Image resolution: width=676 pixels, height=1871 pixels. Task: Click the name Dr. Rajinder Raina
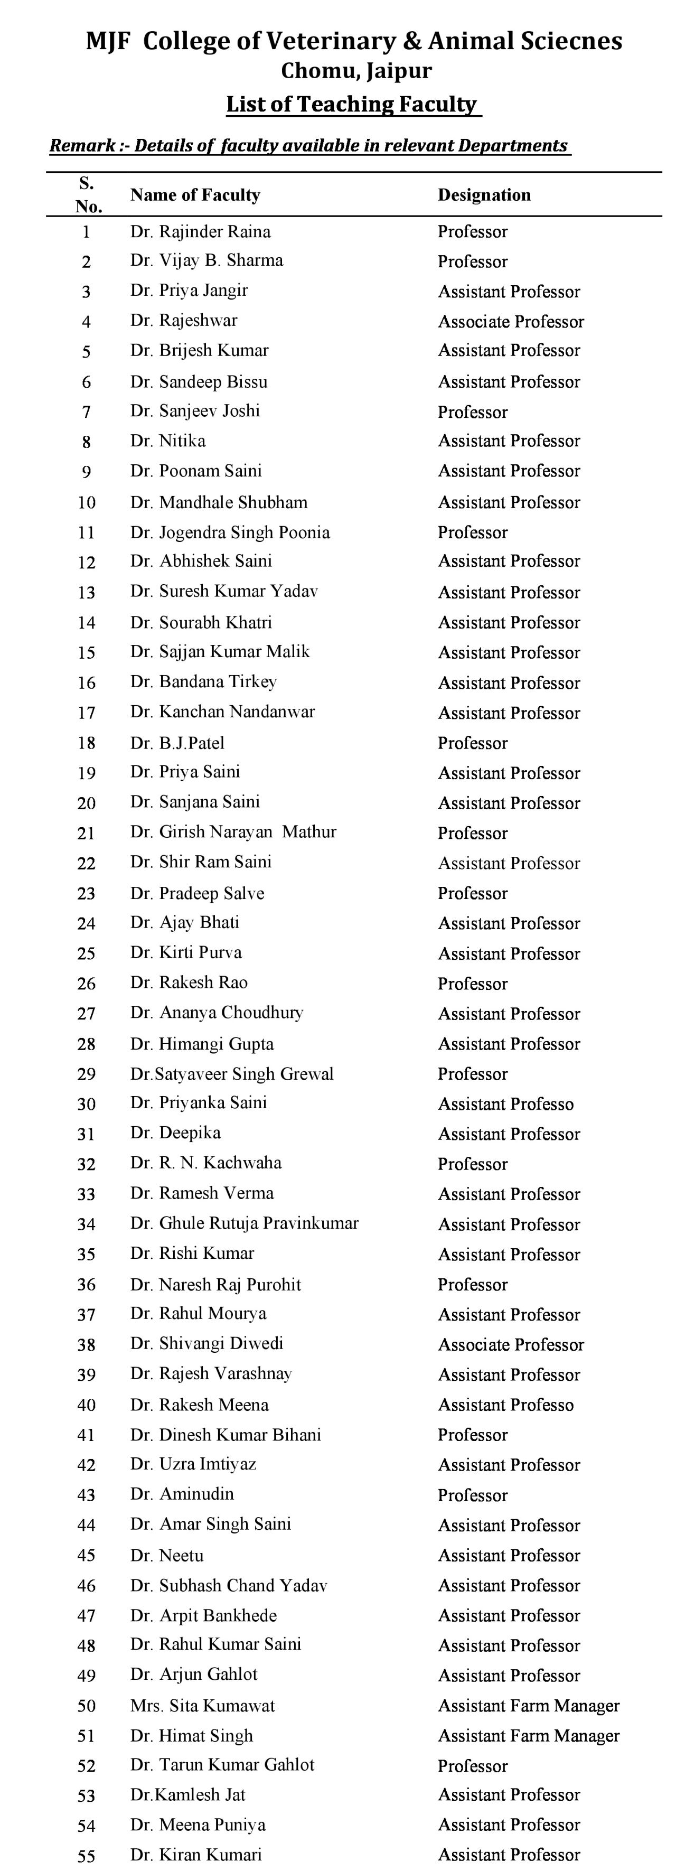[x=200, y=232]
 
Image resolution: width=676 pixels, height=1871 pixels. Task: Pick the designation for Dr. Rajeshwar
[x=511, y=322]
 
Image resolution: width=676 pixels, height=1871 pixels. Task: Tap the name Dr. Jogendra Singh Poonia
[x=230, y=532]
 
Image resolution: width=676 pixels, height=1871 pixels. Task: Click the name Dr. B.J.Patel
[x=177, y=743]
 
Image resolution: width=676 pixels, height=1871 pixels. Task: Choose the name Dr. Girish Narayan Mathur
[x=233, y=832]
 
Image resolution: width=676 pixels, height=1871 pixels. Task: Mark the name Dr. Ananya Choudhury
[x=217, y=1013]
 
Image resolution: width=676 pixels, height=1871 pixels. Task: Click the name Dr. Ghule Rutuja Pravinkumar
[x=244, y=1223]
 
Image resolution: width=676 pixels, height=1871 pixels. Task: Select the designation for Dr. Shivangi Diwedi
[x=511, y=1344]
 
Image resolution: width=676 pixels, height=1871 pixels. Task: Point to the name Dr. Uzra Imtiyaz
[x=193, y=1464]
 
